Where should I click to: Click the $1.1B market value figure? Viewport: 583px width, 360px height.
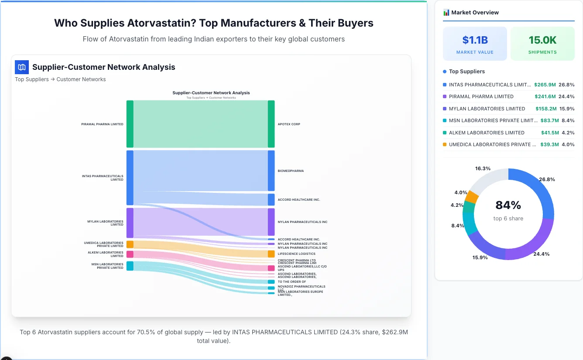tap(475, 40)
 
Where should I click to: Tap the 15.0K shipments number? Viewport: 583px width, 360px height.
tap(542, 40)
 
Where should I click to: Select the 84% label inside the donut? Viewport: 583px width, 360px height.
tap(508, 205)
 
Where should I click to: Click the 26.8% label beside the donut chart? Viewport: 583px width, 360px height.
tap(547, 179)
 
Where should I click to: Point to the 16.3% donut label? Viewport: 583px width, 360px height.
tap(483, 168)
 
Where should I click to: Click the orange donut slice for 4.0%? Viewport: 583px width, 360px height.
tap(471, 197)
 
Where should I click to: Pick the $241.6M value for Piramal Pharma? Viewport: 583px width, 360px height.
tap(545, 96)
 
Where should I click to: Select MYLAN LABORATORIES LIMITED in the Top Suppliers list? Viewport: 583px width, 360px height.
tap(487, 109)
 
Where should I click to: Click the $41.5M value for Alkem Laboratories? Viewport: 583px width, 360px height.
tap(547, 133)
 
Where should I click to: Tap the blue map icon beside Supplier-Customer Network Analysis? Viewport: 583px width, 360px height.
tap(22, 67)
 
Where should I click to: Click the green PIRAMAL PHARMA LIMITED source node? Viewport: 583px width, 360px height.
tap(130, 124)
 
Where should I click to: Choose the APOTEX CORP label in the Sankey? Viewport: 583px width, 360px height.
tap(289, 124)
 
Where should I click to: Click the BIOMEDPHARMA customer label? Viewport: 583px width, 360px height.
tap(291, 171)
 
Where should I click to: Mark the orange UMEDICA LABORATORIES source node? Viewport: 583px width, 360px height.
tap(130, 244)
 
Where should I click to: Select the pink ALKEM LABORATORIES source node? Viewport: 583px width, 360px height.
tap(130, 254)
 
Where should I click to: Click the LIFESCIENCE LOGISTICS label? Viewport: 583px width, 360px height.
tap(296, 254)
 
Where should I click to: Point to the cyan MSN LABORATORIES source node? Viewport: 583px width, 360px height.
tap(130, 266)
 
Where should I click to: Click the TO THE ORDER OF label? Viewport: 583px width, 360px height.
tap(291, 281)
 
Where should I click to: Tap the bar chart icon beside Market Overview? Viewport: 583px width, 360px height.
tap(446, 13)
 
